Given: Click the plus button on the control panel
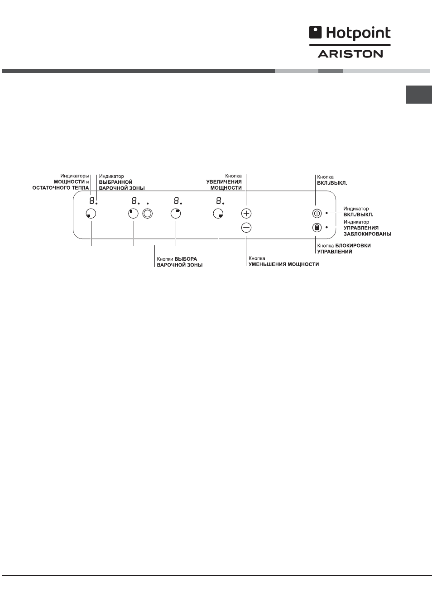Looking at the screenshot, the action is [x=246, y=213].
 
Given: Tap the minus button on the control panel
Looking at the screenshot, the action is [x=246, y=228].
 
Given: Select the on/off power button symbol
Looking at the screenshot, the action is [x=317, y=213].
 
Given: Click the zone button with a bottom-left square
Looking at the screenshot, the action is [x=91, y=214].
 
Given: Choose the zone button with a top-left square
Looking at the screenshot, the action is [x=133, y=214].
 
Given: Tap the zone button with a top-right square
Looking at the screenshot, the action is [x=176, y=214].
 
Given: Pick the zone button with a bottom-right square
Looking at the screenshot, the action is [x=218, y=214].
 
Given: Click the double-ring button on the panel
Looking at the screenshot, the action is [x=147, y=214].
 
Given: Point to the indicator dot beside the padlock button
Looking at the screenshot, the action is [x=326, y=227].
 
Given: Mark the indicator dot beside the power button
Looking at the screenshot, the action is [x=326, y=213].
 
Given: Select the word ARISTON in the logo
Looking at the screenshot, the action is [x=350, y=54].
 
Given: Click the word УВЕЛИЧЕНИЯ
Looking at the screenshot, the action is [x=224, y=182].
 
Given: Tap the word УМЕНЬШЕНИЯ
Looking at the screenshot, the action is [x=265, y=264].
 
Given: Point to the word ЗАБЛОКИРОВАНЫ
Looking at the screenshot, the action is [x=367, y=234].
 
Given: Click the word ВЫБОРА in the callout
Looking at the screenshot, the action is [x=186, y=259].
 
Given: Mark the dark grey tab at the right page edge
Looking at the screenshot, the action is [x=418, y=95].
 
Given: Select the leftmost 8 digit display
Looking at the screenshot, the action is [x=92, y=201].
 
